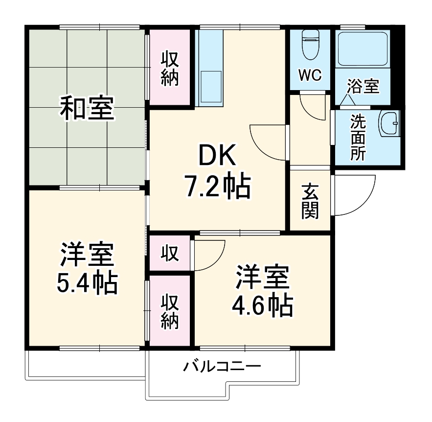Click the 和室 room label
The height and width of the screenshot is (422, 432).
[87, 108]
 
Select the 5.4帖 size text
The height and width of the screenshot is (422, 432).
[87, 282]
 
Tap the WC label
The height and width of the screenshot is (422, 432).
[310, 75]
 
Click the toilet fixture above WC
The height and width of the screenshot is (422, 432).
[310, 44]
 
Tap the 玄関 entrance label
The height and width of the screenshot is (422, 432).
[310, 201]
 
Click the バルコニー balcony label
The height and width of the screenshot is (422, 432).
[222, 366]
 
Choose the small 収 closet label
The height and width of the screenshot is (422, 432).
[169, 254]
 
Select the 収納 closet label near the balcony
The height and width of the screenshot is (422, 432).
[169, 311]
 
